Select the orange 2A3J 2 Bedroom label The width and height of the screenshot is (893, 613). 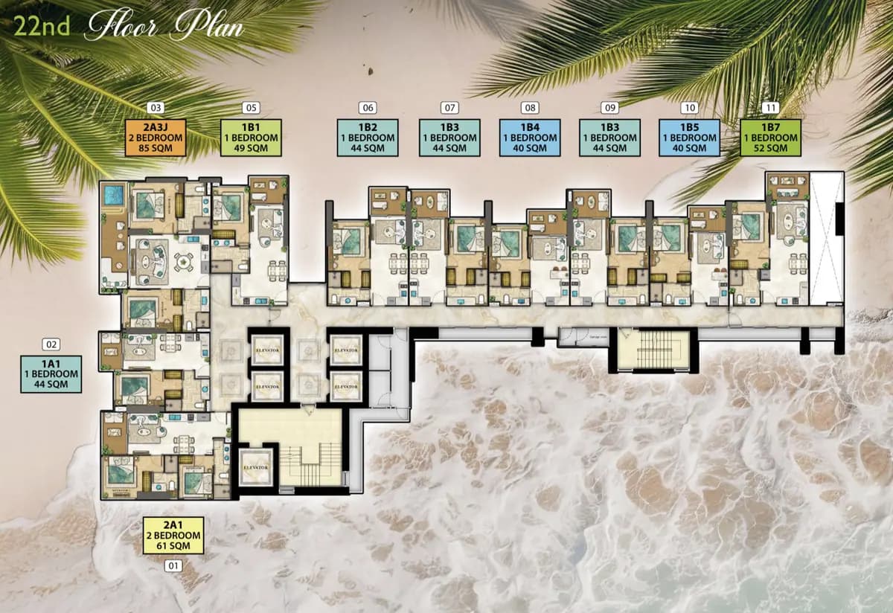pyautogui.click(x=156, y=138)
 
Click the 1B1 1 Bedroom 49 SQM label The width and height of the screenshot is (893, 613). pyautogui.click(x=252, y=138)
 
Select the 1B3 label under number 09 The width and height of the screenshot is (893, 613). pyautogui.click(x=609, y=138)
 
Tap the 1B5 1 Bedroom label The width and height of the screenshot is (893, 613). pyautogui.click(x=689, y=138)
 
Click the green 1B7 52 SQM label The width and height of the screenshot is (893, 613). pyautogui.click(x=770, y=138)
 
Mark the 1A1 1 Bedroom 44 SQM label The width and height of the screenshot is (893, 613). pyautogui.click(x=51, y=374)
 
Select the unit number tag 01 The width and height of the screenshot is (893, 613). pyautogui.click(x=173, y=566)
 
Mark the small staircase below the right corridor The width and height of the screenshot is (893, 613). pyautogui.click(x=653, y=350)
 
